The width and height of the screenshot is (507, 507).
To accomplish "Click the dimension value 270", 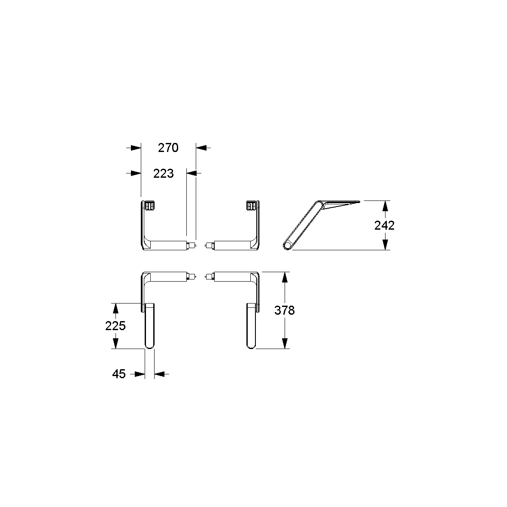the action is coord(168,148).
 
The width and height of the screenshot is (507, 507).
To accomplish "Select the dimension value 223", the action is coord(163,173).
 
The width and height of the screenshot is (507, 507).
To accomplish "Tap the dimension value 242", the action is coord(385,225).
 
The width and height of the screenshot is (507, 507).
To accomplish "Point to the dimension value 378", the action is coord(285,310).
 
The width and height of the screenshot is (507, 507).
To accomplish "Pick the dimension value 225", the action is coord(115,326).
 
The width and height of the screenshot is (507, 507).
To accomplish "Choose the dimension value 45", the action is coord(118,374).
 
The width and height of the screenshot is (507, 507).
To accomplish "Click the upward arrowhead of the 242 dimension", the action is coord(385,206).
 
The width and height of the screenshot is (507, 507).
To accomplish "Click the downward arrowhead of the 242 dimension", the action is coord(385,245).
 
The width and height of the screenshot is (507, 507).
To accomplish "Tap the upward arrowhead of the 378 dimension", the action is coord(285,277).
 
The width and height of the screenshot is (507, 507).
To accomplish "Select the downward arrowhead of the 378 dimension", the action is coord(285,343).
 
